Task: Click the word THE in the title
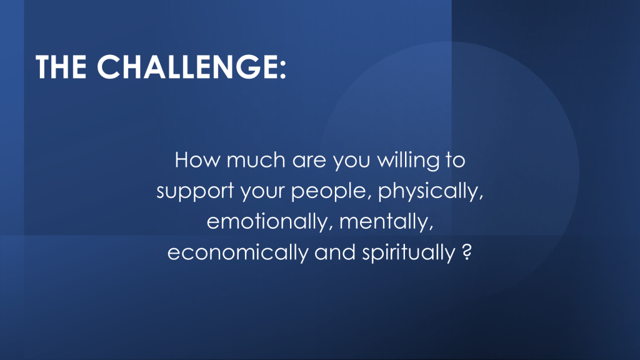pyautogui.click(x=61, y=66)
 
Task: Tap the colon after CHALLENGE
pyautogui.click(x=282, y=70)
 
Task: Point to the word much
pyautogui.click(x=256, y=159)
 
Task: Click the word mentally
pyautogui.click(x=386, y=222)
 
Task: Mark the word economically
pyautogui.click(x=238, y=252)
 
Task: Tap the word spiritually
pyautogui.click(x=409, y=252)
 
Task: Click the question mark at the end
pyautogui.click(x=467, y=252)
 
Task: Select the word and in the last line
pyautogui.click(x=335, y=252)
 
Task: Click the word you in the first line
pyautogui.click(x=351, y=162)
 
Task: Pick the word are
pyautogui.click(x=309, y=161)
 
